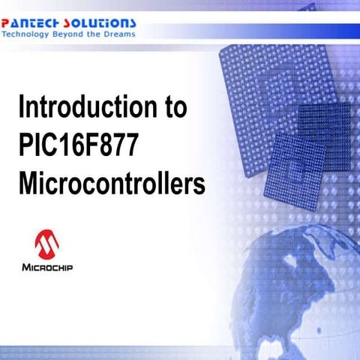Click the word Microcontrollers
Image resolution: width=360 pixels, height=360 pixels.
coord(112,182)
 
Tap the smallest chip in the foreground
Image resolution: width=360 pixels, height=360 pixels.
coord(296,162)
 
